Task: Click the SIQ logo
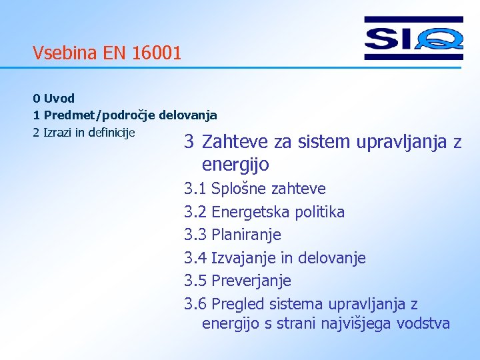tap(413, 38)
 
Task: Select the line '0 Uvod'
tap(53, 99)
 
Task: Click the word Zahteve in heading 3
tap(232, 142)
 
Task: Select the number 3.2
tap(195, 212)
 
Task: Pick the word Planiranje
tap(246, 235)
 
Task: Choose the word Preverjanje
tap(251, 281)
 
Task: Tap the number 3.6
tap(195, 304)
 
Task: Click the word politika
tap(322, 212)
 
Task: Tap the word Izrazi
tap(57, 131)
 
